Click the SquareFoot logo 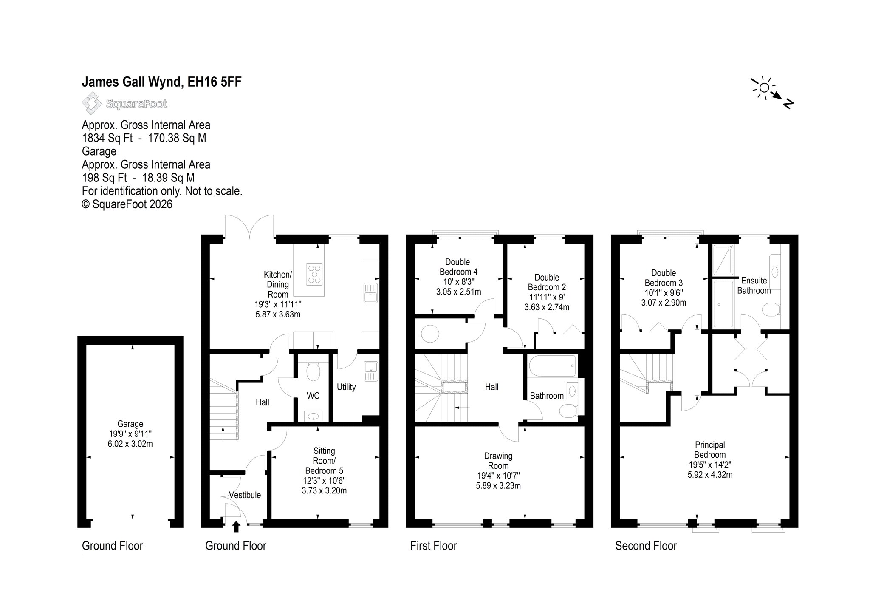124,104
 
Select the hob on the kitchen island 315,274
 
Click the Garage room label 130,424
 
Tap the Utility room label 346,387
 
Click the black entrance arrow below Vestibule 236,527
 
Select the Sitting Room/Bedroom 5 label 324,461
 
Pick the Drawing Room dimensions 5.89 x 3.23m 498,485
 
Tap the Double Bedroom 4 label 458,267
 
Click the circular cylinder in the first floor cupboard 430,334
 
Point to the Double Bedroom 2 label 547,282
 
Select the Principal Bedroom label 710,450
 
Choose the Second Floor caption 646,546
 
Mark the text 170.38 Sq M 177,138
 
